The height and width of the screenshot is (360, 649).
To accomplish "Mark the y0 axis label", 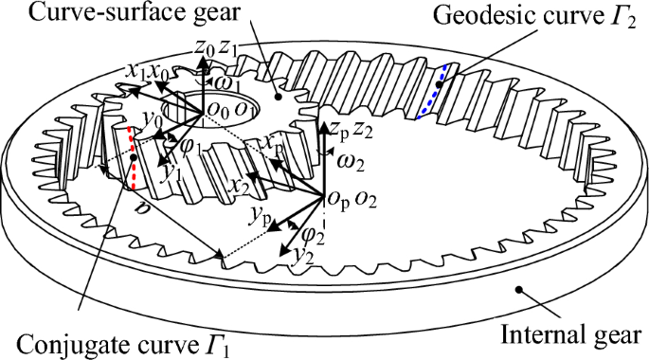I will click(149, 117).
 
